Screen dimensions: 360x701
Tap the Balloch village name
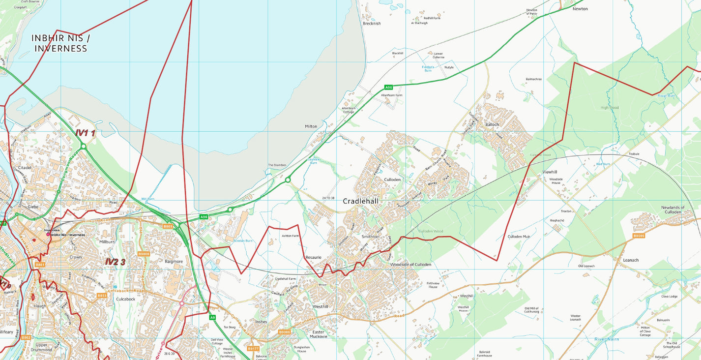(492, 124)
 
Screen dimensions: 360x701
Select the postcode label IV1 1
(86, 133)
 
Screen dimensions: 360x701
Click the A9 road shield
(212, 318)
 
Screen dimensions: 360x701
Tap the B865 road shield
(168, 227)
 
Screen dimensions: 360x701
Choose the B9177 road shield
(253, 349)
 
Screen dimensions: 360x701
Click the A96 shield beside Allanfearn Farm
(388, 88)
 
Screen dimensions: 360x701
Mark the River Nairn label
(607, 339)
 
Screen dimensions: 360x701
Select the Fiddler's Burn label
(428, 68)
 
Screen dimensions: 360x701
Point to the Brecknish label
(372, 24)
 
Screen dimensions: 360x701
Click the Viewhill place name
(550, 172)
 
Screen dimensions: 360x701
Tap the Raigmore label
(174, 262)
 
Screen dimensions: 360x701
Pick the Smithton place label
(370, 237)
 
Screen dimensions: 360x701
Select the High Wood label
(610, 108)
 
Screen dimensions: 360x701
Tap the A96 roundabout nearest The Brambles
(288, 180)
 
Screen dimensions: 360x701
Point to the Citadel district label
(25, 168)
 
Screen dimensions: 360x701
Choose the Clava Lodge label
(669, 297)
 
